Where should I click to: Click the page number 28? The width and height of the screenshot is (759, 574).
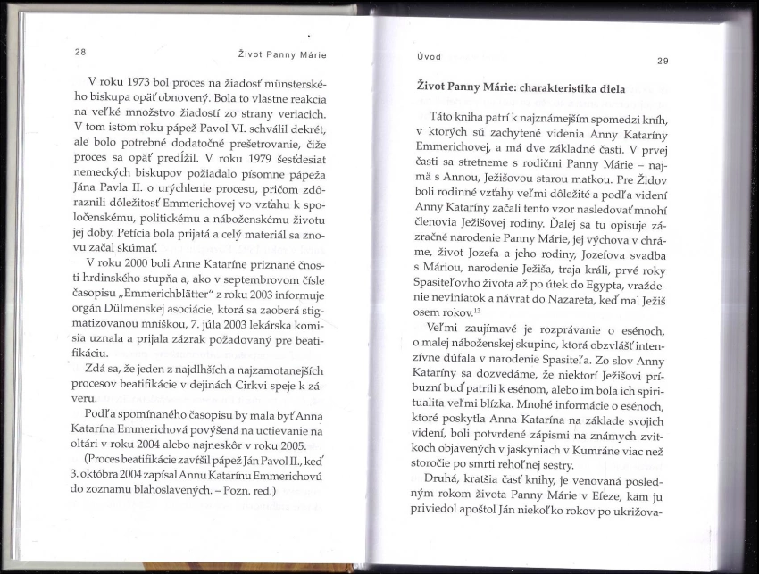[x=79, y=52]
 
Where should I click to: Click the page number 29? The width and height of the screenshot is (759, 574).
[x=662, y=61]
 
